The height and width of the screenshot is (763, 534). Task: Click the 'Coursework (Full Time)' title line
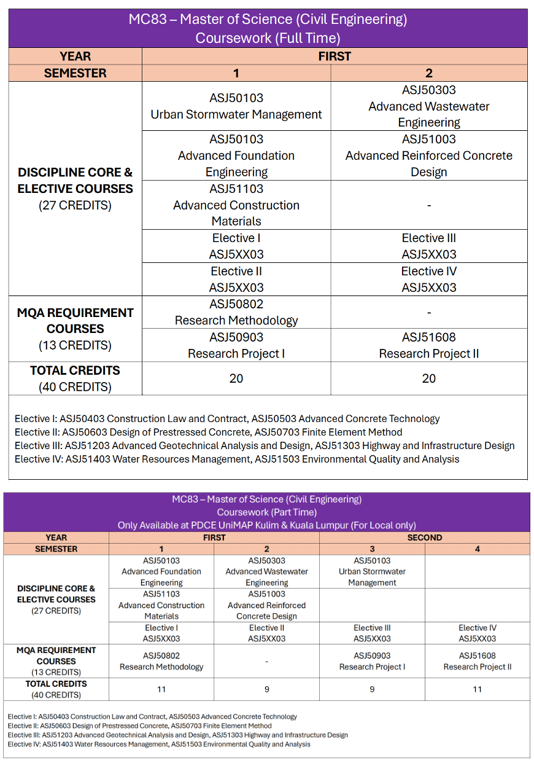pos(268,38)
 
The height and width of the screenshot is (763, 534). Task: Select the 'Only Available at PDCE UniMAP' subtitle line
pos(266,525)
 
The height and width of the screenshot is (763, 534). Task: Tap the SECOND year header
pos(424,538)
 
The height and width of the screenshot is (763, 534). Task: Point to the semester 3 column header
pos(372,549)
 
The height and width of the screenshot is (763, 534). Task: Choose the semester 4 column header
pos(477,549)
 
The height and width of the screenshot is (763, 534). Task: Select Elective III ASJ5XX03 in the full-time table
pos(428,246)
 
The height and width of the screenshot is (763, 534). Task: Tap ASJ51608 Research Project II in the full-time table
pos(428,345)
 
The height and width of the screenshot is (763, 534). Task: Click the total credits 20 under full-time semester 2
pos(428,378)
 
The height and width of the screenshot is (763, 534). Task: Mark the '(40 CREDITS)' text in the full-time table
pos(75,387)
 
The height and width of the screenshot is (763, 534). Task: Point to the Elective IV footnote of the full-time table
pos(237,459)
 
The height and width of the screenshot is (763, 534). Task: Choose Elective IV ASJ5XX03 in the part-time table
pos(477,633)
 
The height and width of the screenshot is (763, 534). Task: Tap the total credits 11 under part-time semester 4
pos(477,689)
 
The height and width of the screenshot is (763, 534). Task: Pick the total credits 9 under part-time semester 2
pos(266,689)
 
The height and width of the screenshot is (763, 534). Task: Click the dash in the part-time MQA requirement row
pos(266,662)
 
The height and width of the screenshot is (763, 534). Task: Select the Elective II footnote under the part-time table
pos(140,726)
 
